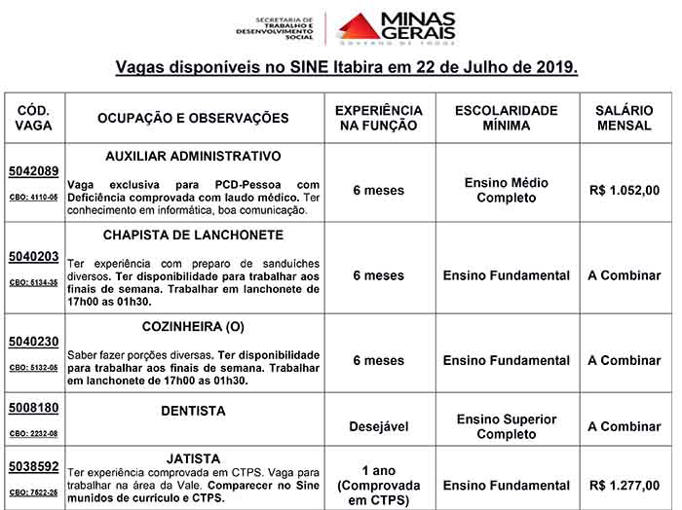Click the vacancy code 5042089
[34, 170]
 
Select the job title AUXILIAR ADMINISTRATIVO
[193, 156]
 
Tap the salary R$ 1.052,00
[625, 191]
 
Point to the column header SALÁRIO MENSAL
[625, 119]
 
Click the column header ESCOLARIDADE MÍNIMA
[507, 119]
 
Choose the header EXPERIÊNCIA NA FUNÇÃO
[378, 119]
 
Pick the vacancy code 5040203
[34, 257]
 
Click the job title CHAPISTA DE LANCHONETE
[193, 236]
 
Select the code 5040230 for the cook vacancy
[34, 343]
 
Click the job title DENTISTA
[193, 412]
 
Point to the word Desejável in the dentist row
[378, 426]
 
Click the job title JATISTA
[193, 458]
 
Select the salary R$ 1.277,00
[625, 485]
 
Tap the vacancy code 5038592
[34, 467]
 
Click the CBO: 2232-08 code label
[34, 433]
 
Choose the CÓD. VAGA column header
[34, 119]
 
